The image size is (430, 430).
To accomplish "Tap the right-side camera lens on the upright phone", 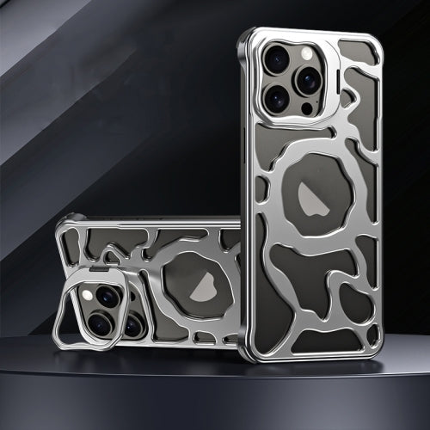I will [307, 80].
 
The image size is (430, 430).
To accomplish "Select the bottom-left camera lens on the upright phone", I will [277, 99].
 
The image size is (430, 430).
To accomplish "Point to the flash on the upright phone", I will [306, 53].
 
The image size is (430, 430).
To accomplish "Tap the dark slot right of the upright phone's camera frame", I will [332, 82].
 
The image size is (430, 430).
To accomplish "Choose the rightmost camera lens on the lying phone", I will [133, 324].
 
